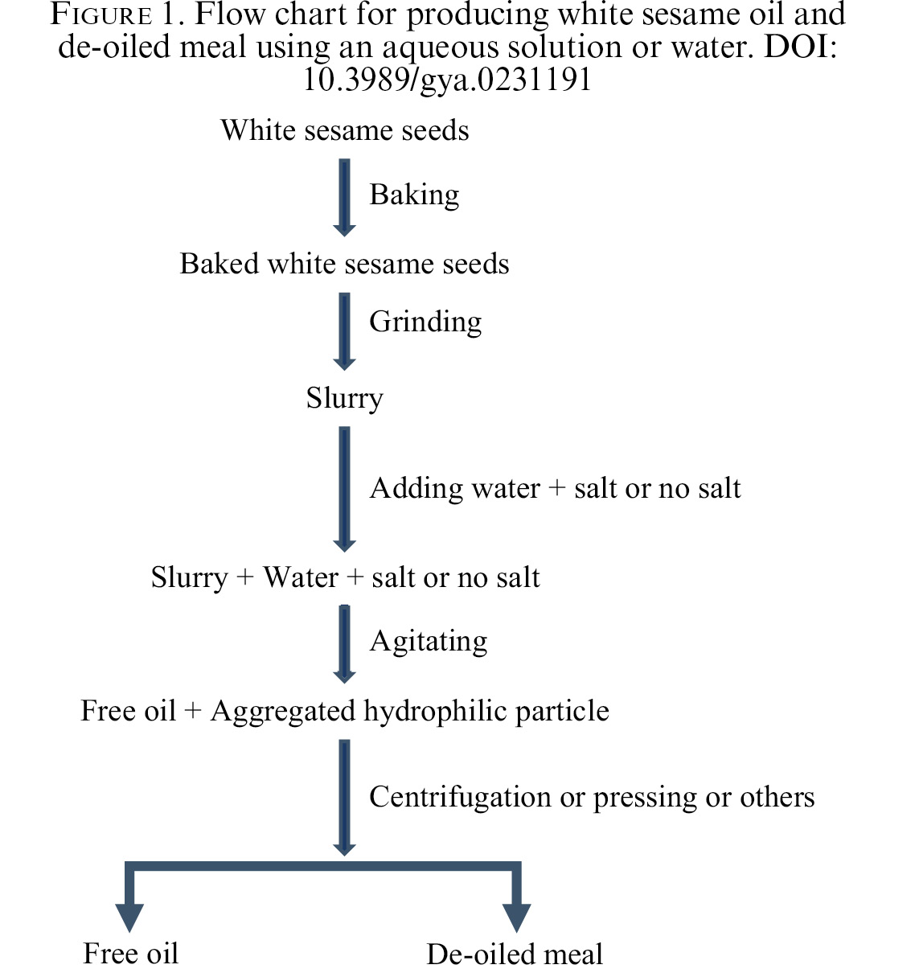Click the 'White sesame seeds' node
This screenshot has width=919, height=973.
(345, 130)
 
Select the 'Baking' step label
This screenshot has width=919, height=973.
(414, 195)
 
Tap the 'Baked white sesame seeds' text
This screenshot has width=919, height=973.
(344, 264)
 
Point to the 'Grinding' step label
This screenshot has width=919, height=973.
(425, 323)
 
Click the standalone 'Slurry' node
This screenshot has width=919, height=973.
(344, 399)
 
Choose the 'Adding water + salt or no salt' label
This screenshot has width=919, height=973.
(555, 488)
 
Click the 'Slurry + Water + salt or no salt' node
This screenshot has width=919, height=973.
(346, 578)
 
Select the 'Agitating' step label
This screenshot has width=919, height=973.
(429, 642)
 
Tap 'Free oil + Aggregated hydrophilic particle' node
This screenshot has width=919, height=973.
(345, 712)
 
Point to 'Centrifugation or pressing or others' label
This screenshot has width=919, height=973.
(592, 798)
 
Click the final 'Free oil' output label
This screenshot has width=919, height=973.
(131, 954)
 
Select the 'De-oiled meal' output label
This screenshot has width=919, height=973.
(515, 954)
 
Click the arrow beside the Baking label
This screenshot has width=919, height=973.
(344, 198)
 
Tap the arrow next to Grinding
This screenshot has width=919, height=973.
(344, 331)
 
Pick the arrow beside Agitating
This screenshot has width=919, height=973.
(344, 644)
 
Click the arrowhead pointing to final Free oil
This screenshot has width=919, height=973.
(129, 918)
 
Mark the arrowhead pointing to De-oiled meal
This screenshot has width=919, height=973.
(516, 918)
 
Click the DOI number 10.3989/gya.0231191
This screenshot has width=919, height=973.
(447, 80)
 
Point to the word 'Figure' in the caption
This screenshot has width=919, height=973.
(101, 14)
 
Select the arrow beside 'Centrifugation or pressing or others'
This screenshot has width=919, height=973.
(344, 798)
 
